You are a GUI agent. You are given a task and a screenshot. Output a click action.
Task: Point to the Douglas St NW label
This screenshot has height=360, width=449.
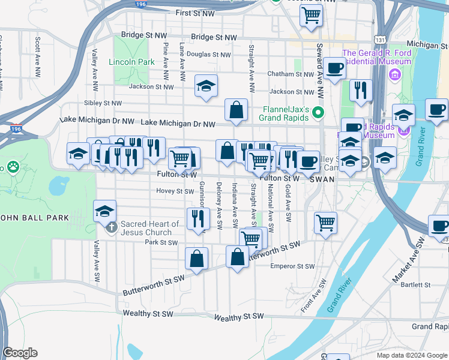pos(208,54)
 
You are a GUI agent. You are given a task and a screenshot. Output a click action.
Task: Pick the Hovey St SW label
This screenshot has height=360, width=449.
pos(175,191)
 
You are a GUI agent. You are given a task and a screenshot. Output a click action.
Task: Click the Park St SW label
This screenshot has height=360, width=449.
pos(161,242)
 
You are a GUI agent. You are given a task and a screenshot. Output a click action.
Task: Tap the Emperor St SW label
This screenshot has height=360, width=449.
pos(292,266)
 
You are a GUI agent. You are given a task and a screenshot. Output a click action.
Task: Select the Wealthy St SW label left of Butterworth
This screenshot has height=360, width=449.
pos(148,313)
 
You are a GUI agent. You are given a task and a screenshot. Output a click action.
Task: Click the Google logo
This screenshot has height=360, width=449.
pos(20,353)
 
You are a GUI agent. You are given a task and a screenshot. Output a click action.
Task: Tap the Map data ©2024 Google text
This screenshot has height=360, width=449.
pos(411,355)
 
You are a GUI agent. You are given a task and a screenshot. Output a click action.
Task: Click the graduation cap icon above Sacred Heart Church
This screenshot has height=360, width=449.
pos(104,211)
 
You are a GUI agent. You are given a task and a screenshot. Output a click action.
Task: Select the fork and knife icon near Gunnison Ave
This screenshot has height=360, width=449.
pos(197,218)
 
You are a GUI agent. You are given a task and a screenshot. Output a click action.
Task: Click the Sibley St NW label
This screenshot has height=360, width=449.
pos(103,103)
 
